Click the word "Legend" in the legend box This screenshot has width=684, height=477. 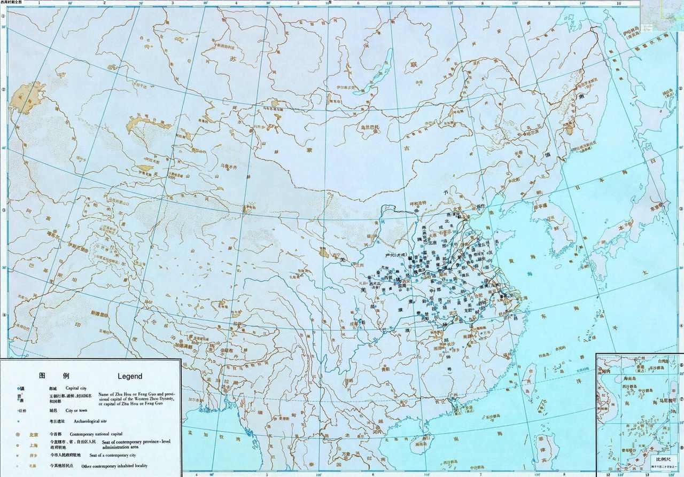(129, 376)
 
